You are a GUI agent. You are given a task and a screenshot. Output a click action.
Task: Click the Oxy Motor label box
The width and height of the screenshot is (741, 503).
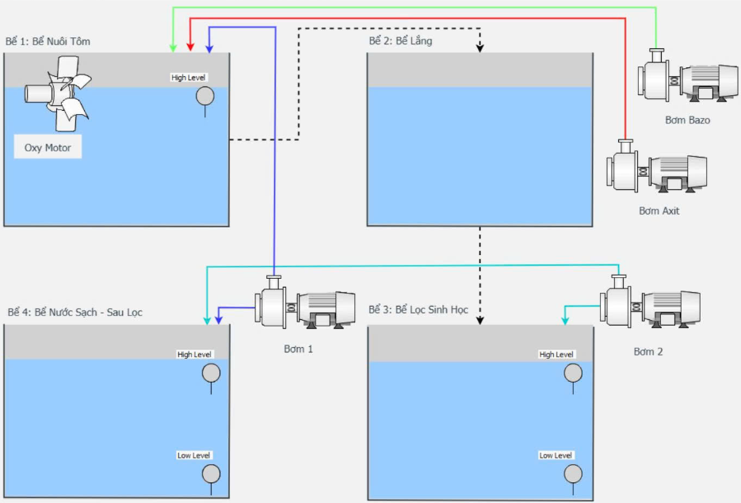[x=48, y=147]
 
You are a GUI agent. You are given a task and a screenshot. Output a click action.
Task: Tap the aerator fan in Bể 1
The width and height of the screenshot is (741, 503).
[x=58, y=93]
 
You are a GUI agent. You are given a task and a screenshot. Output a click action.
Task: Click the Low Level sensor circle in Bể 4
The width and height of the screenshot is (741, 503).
[x=212, y=474]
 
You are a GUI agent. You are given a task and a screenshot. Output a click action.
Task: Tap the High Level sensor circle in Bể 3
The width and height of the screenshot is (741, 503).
[x=573, y=373]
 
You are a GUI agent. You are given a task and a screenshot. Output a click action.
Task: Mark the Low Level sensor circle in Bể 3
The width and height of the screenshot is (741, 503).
[x=573, y=474]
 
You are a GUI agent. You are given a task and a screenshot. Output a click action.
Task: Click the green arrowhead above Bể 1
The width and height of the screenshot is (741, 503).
[x=174, y=48]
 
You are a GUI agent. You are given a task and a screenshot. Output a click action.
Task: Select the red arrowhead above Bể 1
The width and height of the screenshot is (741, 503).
[x=190, y=48]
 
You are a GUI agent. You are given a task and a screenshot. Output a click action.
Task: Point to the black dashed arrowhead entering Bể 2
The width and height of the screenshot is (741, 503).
[x=479, y=48]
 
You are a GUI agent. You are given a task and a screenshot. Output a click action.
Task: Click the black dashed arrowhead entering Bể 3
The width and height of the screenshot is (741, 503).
[x=480, y=321]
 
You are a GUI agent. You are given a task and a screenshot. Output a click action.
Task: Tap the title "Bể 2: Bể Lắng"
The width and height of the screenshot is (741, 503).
[x=401, y=41]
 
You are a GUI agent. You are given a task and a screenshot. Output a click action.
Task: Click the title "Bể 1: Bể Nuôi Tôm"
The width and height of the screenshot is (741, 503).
[x=48, y=41]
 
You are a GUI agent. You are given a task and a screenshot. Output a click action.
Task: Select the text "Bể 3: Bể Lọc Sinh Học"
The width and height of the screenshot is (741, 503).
[x=418, y=310]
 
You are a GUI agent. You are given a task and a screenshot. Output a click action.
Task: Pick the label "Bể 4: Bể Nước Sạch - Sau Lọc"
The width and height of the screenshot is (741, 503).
[x=74, y=312]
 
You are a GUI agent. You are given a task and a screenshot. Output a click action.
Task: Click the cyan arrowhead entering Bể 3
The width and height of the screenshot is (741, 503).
[x=565, y=321]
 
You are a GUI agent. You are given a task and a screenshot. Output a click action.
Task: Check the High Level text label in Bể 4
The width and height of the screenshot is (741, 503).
[x=195, y=354]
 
